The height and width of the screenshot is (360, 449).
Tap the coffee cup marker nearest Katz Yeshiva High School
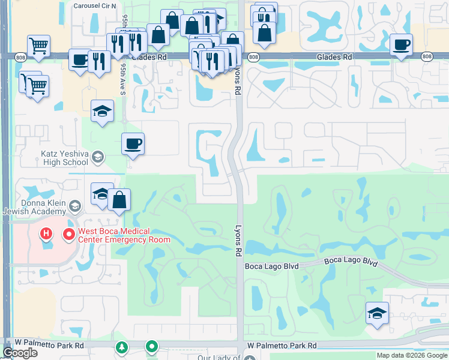click(133, 144)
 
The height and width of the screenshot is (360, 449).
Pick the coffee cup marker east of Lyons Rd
click(401, 44)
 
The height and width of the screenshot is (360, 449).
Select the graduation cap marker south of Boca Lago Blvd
click(377, 313)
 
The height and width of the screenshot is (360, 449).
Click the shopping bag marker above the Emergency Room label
click(120, 200)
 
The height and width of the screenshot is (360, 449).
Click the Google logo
click(20, 353)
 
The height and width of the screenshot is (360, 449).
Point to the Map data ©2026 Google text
click(412, 355)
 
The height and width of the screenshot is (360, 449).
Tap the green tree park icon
click(122, 347)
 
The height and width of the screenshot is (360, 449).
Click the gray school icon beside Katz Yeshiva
click(97, 158)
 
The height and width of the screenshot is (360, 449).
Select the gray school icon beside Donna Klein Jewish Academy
click(74, 206)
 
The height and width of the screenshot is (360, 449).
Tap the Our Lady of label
click(219, 358)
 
